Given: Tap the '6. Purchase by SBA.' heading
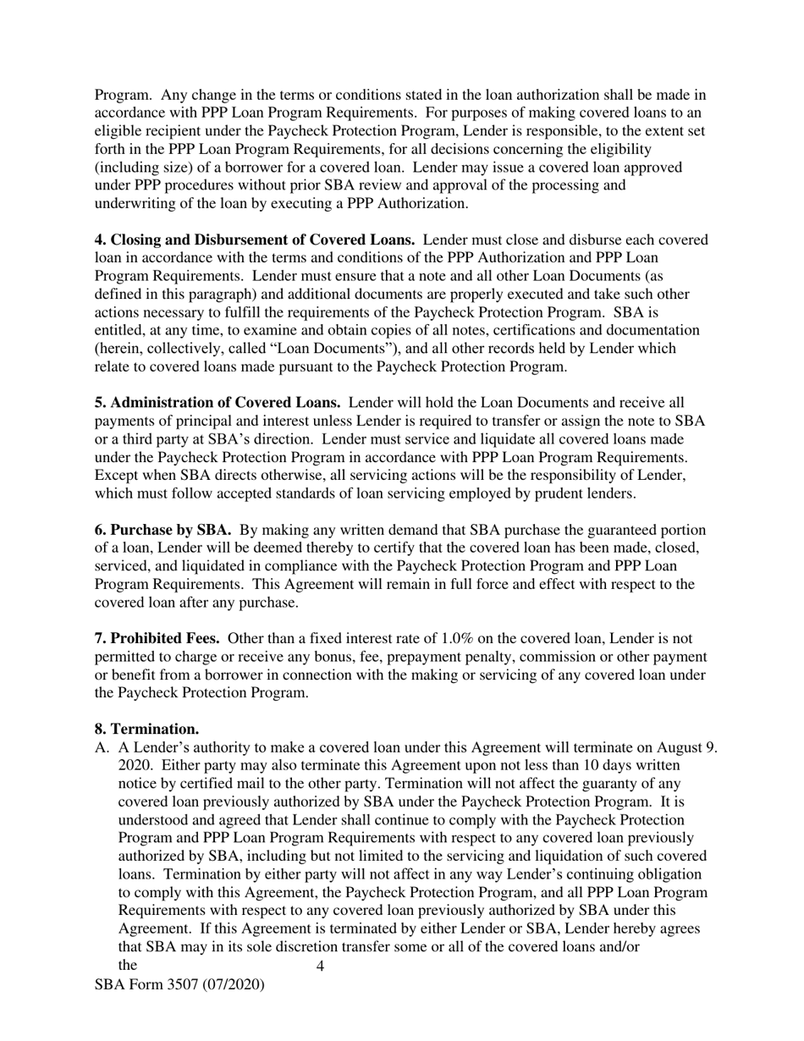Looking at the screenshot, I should [162, 530].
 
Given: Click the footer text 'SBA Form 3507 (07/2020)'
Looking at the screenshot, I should [179, 984].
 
